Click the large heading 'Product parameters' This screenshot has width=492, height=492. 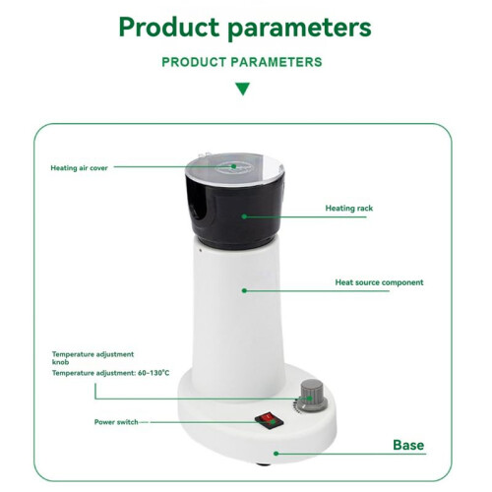[x=245, y=28]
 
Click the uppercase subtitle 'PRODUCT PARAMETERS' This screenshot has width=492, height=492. [x=242, y=62]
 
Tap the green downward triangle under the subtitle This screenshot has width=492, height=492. [x=243, y=89]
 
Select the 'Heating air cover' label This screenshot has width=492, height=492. [x=79, y=168]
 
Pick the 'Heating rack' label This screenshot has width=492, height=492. [x=349, y=209]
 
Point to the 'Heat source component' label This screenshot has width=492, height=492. [x=379, y=282]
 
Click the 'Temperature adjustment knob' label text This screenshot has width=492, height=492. [x=92, y=358]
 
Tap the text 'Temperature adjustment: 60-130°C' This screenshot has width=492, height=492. [x=111, y=373]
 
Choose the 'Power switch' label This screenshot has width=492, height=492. [x=116, y=422]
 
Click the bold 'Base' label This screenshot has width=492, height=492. [x=408, y=445]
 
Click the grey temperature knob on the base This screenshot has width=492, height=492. [x=314, y=396]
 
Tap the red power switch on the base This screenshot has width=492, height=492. [x=269, y=421]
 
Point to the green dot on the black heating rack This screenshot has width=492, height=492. [x=244, y=216]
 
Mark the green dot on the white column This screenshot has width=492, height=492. [x=244, y=290]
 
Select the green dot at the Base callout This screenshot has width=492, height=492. [x=277, y=454]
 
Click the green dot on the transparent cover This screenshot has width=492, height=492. [x=234, y=166]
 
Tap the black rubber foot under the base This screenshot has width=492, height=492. [x=263, y=464]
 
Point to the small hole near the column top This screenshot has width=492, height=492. [x=201, y=250]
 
